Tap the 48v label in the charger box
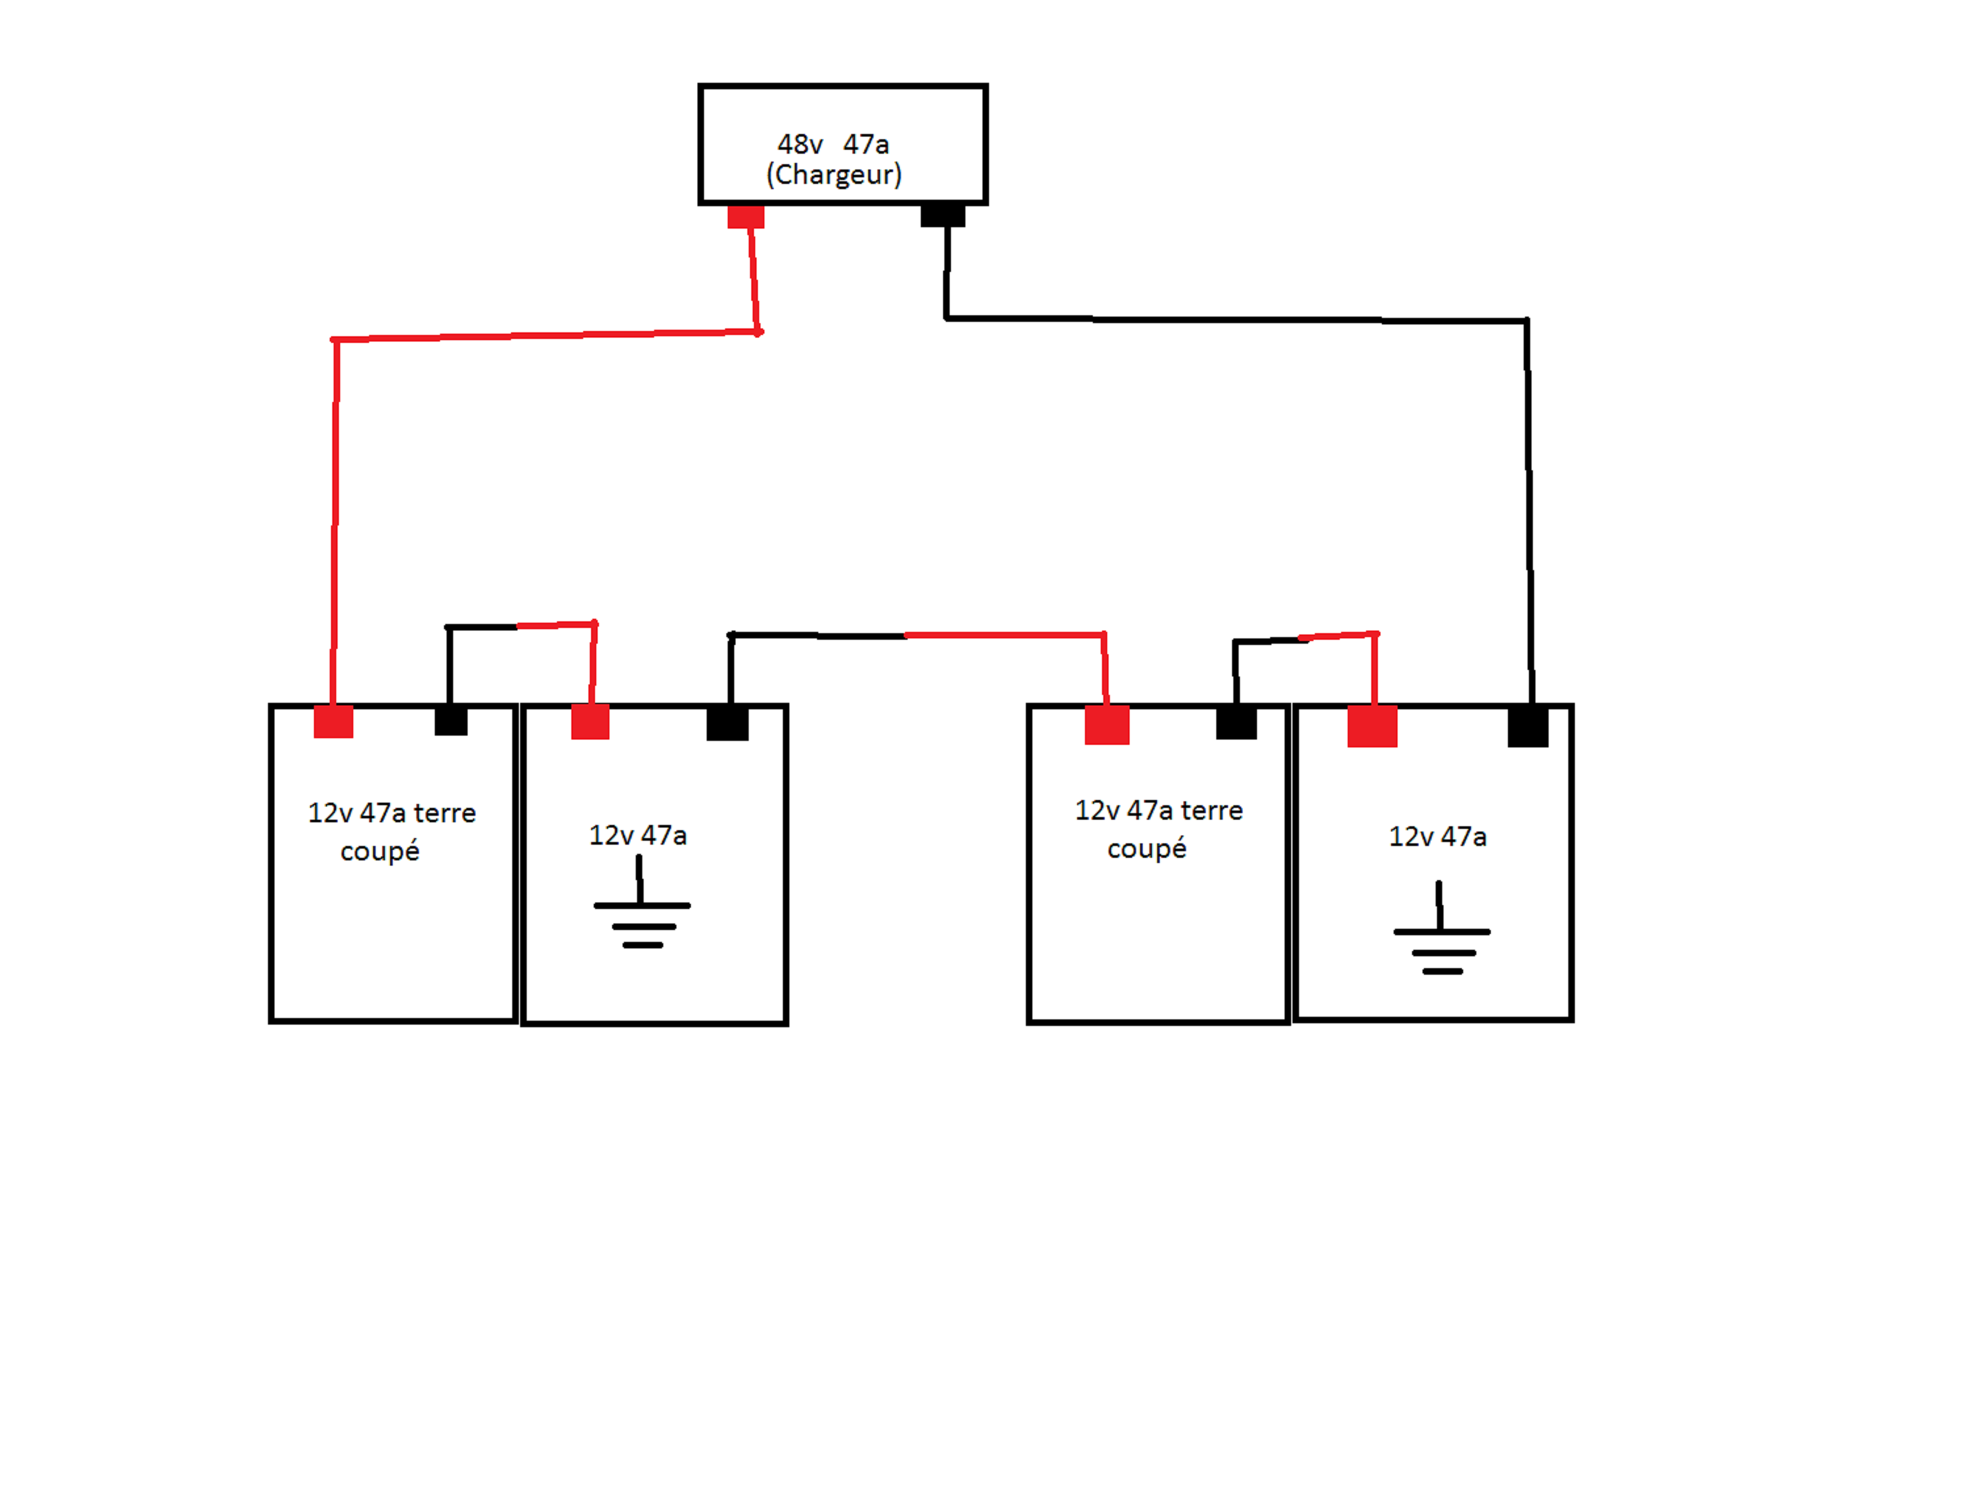tap(800, 144)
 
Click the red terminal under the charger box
tap(746, 216)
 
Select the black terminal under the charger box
tap(942, 215)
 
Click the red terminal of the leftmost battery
tap(333, 722)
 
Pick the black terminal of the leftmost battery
tap(451, 721)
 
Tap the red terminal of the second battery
tap(591, 722)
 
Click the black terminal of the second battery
tap(727, 724)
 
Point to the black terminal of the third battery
tap(1236, 723)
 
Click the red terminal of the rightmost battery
tap(1372, 726)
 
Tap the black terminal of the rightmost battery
tap(1528, 726)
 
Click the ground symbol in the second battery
tap(641, 905)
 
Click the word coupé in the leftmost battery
tap(380, 851)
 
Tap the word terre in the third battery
tap(1212, 811)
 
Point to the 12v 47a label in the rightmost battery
tap(1438, 837)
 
